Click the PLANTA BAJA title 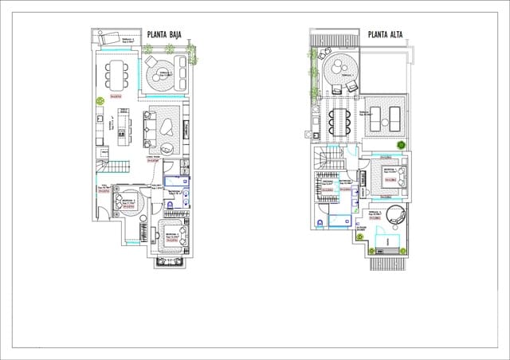167,35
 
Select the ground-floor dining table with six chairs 117,73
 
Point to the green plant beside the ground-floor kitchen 100,102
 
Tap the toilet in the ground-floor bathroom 170,205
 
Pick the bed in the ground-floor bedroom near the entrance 127,204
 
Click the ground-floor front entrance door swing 103,209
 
